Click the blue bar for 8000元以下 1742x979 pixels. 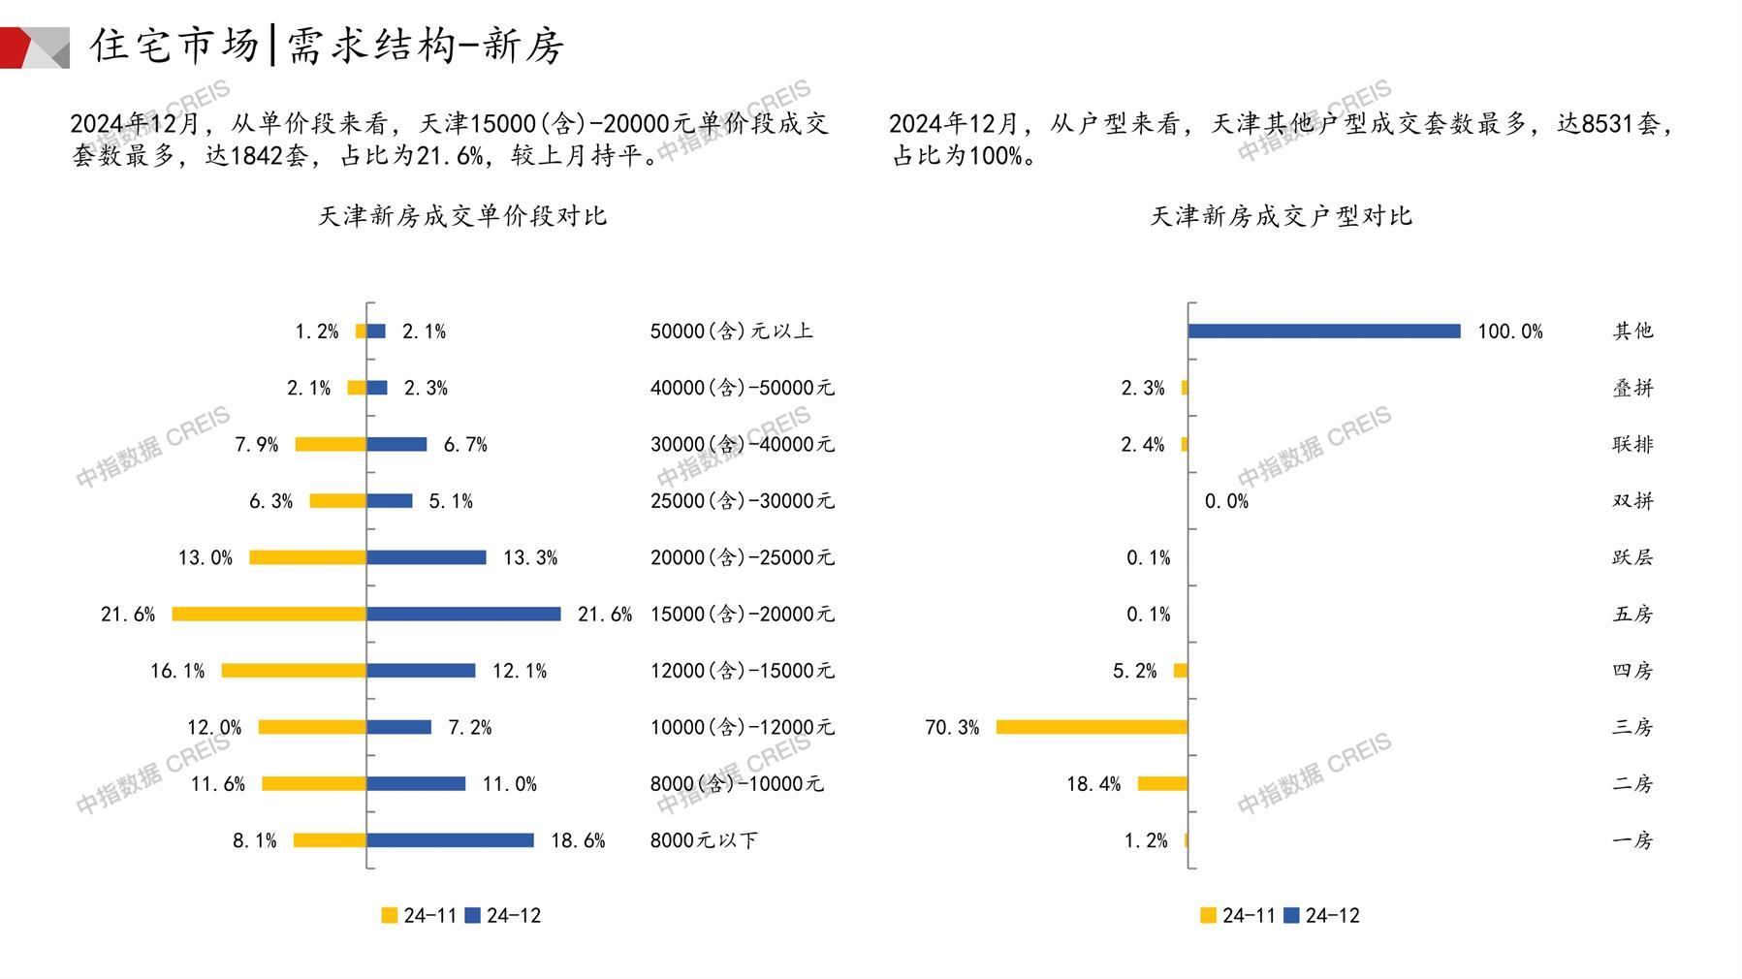(x=450, y=840)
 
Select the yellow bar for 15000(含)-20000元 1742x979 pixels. (x=269, y=614)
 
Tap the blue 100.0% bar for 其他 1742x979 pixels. (x=1324, y=332)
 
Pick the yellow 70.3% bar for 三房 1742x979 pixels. (x=1092, y=727)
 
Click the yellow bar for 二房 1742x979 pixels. (x=1162, y=783)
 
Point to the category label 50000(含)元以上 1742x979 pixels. (x=731, y=332)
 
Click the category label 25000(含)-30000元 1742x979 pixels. (x=742, y=501)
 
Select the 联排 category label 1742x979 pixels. (x=1632, y=444)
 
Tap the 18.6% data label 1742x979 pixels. (x=578, y=840)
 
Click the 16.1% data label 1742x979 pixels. (x=177, y=671)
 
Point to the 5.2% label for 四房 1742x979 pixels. (x=1134, y=671)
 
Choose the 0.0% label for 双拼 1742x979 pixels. (x=1226, y=501)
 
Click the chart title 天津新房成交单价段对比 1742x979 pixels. (x=462, y=216)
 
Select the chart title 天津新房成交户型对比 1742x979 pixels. (x=1281, y=216)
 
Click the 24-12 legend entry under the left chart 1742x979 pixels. (x=503, y=915)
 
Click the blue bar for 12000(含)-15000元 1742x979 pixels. (x=421, y=671)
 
